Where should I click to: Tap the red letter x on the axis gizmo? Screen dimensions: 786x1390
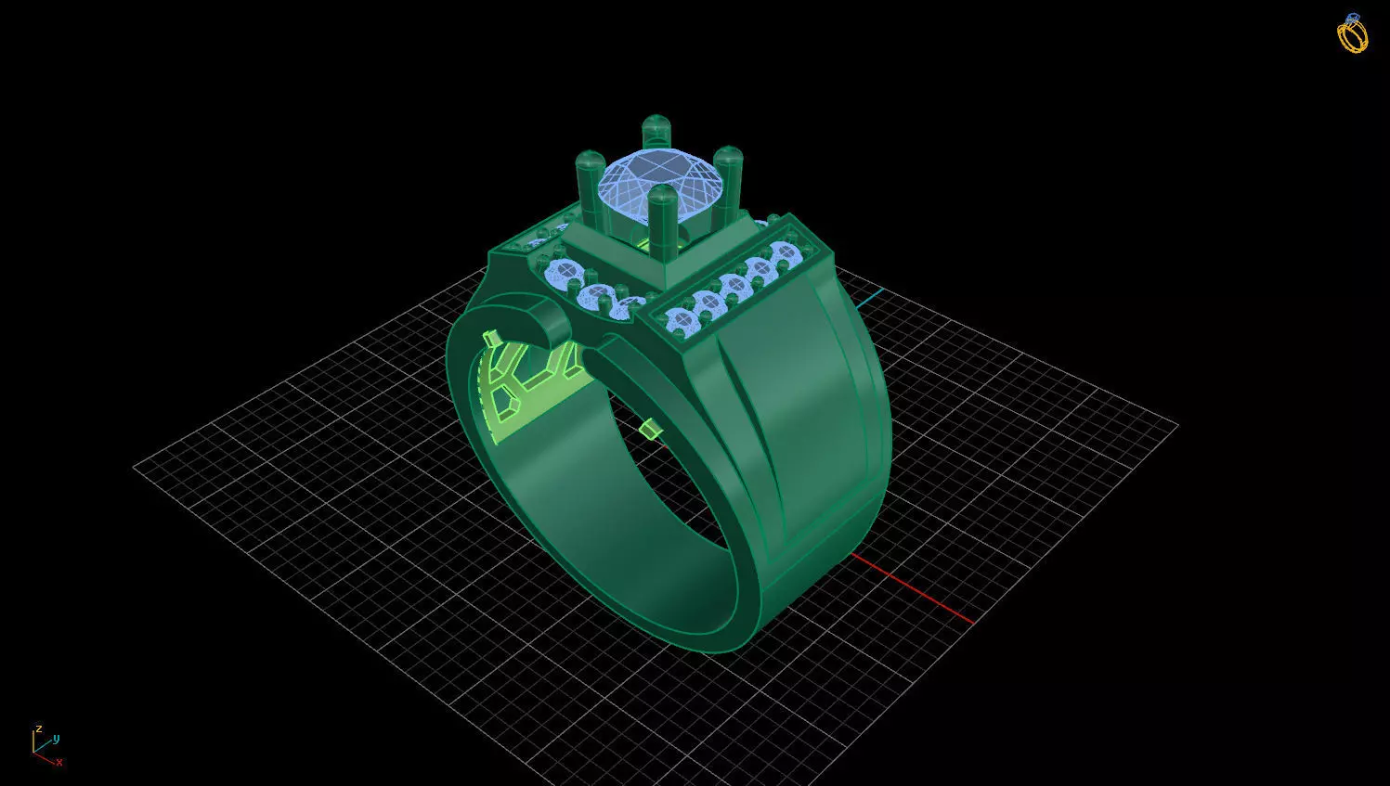click(59, 762)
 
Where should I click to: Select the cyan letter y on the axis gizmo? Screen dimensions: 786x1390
click(57, 739)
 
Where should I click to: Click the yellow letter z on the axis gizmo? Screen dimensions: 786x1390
click(39, 729)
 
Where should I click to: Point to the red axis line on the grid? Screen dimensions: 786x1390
click(915, 590)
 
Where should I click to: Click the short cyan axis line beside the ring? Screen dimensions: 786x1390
click(869, 298)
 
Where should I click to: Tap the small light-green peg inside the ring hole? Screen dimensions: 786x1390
click(649, 429)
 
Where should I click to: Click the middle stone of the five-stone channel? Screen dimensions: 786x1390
click(734, 285)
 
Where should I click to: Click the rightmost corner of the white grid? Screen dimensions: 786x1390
click(1177, 425)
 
